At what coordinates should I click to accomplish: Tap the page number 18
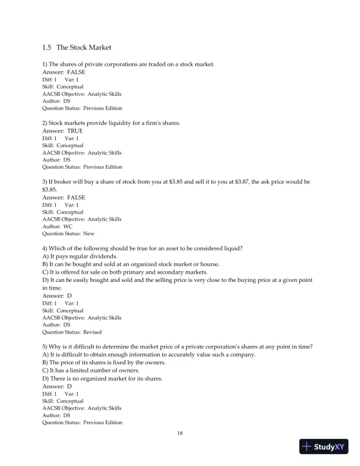[180, 434]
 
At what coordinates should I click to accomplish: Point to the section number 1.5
[47, 47]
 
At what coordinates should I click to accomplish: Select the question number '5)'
[45, 348]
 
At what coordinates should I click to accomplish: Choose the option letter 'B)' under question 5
[45, 363]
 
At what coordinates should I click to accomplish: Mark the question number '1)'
[45, 64]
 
